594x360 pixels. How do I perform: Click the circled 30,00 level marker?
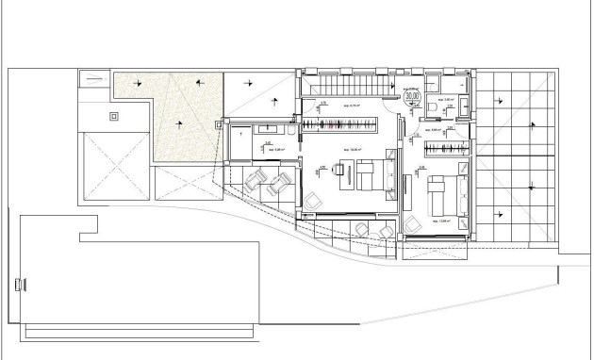411,95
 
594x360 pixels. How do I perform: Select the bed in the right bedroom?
440,188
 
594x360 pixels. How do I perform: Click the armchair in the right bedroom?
412,223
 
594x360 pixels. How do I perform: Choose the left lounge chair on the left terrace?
257,180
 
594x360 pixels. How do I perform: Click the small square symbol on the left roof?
115,116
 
